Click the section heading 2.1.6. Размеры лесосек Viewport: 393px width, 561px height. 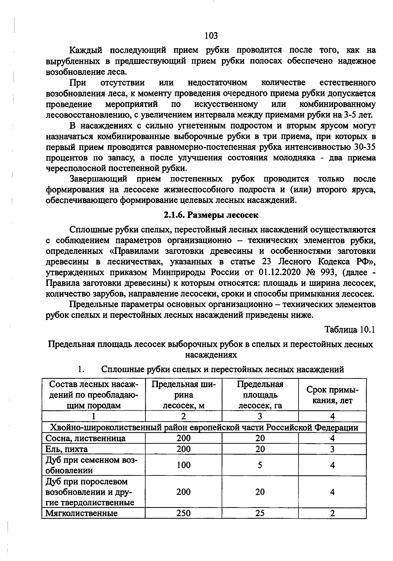click(x=211, y=215)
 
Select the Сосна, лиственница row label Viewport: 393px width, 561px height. click(x=85, y=438)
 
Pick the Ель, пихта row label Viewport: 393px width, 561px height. click(x=66, y=449)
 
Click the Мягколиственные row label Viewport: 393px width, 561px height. click(x=81, y=513)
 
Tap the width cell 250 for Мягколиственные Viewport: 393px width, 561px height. click(x=183, y=513)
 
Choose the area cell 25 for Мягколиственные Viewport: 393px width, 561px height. click(x=260, y=513)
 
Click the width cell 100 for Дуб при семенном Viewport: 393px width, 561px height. click(x=183, y=465)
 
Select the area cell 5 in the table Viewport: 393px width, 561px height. click(x=260, y=465)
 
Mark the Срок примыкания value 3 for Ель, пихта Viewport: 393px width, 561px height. click(x=332, y=449)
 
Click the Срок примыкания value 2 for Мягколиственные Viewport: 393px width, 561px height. click(x=332, y=513)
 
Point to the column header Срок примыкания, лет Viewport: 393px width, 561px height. click(x=332, y=395)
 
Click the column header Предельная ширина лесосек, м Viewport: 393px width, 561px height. click(x=183, y=395)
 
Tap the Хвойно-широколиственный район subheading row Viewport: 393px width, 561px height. click(x=204, y=427)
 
